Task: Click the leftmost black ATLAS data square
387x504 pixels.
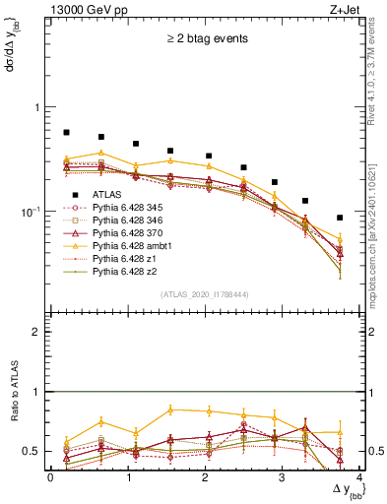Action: [x=66, y=132]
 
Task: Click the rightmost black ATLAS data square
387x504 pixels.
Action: [x=340, y=218]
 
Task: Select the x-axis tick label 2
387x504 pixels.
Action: [x=205, y=476]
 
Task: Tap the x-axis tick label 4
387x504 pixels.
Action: [x=358, y=476]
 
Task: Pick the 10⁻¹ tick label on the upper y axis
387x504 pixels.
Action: [x=32, y=212]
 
